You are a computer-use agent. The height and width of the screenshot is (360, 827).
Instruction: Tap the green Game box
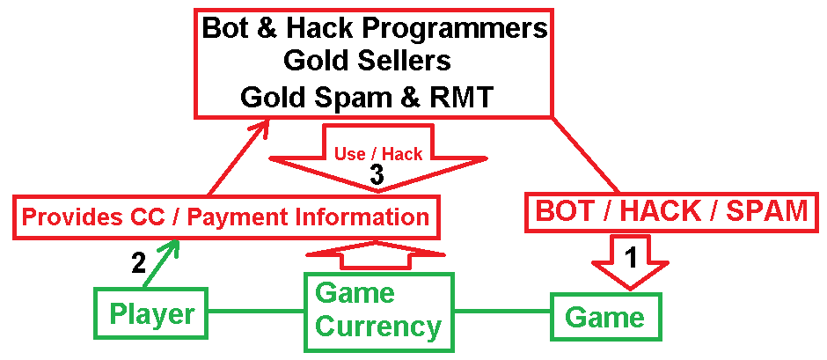605,315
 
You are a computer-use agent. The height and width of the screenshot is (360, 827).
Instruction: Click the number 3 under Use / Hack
377,175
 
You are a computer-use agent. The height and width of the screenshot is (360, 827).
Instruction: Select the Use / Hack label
378,153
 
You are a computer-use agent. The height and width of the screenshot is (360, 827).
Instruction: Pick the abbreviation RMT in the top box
466,97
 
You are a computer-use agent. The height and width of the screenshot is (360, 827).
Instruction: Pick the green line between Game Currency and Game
501,312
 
